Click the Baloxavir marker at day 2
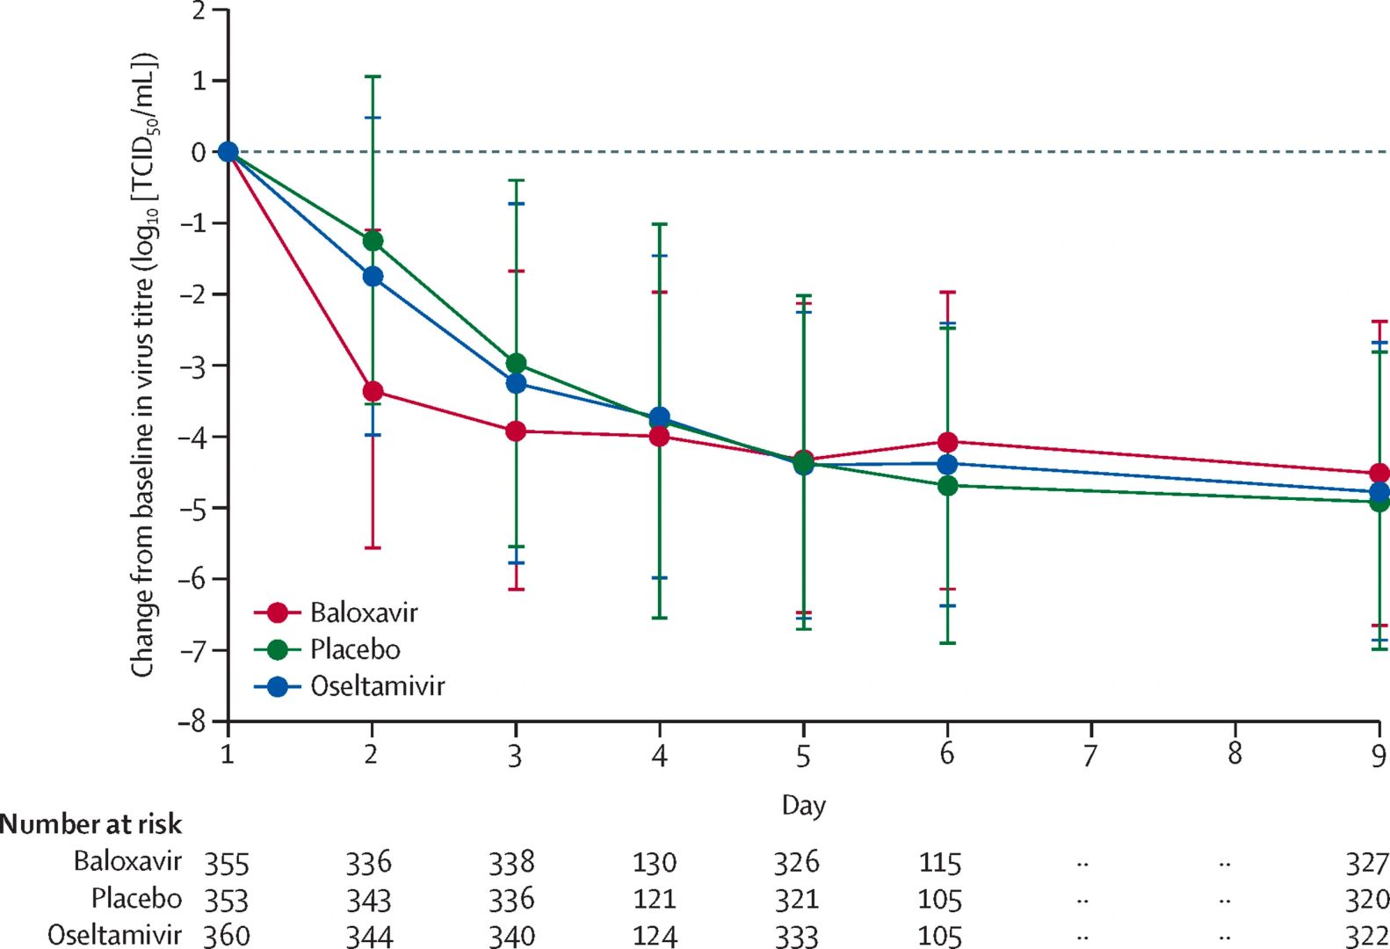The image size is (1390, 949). (x=373, y=391)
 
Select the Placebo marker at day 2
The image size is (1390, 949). (x=373, y=241)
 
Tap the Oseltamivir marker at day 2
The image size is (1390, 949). (x=373, y=277)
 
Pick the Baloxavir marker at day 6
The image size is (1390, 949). (x=947, y=442)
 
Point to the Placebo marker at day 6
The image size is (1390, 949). (x=947, y=485)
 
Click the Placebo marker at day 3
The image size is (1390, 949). (x=516, y=364)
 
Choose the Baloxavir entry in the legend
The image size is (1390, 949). (x=363, y=612)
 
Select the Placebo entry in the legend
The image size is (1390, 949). (x=354, y=649)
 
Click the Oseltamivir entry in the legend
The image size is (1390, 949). (x=377, y=686)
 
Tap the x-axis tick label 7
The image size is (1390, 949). (x=1090, y=755)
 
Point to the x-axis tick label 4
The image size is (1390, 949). (x=659, y=755)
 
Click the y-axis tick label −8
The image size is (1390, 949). (x=193, y=721)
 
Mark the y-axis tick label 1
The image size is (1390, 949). (x=199, y=81)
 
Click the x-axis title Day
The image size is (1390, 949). (x=803, y=805)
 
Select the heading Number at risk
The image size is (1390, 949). (x=91, y=824)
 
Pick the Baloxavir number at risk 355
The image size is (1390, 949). (x=227, y=864)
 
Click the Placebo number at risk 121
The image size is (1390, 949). (x=655, y=900)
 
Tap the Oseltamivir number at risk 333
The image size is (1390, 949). (x=796, y=936)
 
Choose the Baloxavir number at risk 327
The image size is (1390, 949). (x=1367, y=864)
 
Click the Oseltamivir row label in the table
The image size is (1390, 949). (x=115, y=935)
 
